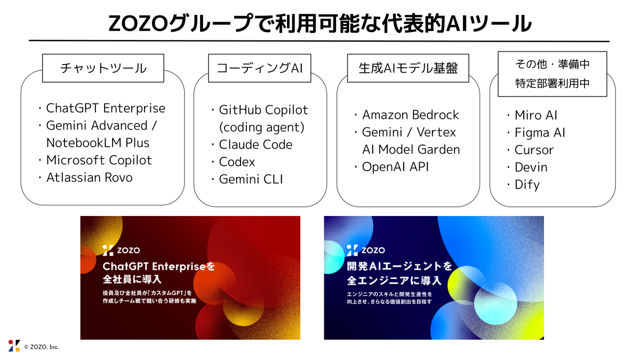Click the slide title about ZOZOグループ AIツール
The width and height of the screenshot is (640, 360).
coord(319,23)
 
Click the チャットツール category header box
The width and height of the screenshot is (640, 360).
coord(103,68)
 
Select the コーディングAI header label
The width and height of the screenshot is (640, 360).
coord(260,68)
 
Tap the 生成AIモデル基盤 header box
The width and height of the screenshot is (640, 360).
coord(409,68)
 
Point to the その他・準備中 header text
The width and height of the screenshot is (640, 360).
coord(552,65)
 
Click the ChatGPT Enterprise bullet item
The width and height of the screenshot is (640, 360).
coord(106,108)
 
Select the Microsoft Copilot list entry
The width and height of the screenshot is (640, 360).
coord(99,160)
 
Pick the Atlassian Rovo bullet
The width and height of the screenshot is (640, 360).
coord(89,177)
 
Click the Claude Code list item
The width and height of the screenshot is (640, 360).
coord(255,145)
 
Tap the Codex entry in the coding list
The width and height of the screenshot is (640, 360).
coord(237,162)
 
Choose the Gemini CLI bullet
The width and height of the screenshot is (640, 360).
coord(251,179)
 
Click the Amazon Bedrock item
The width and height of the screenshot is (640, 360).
coord(410,115)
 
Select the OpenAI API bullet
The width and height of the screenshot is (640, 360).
coord(395,166)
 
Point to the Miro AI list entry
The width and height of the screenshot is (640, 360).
coord(535,115)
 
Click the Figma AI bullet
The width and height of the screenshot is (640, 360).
coord(540,133)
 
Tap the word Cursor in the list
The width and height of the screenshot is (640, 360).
coord(534,150)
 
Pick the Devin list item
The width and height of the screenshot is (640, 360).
coord(531,167)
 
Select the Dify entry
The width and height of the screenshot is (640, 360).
coord(527,185)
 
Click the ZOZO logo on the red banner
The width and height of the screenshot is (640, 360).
coord(121,249)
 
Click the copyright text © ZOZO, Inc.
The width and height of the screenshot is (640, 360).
coord(41,347)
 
